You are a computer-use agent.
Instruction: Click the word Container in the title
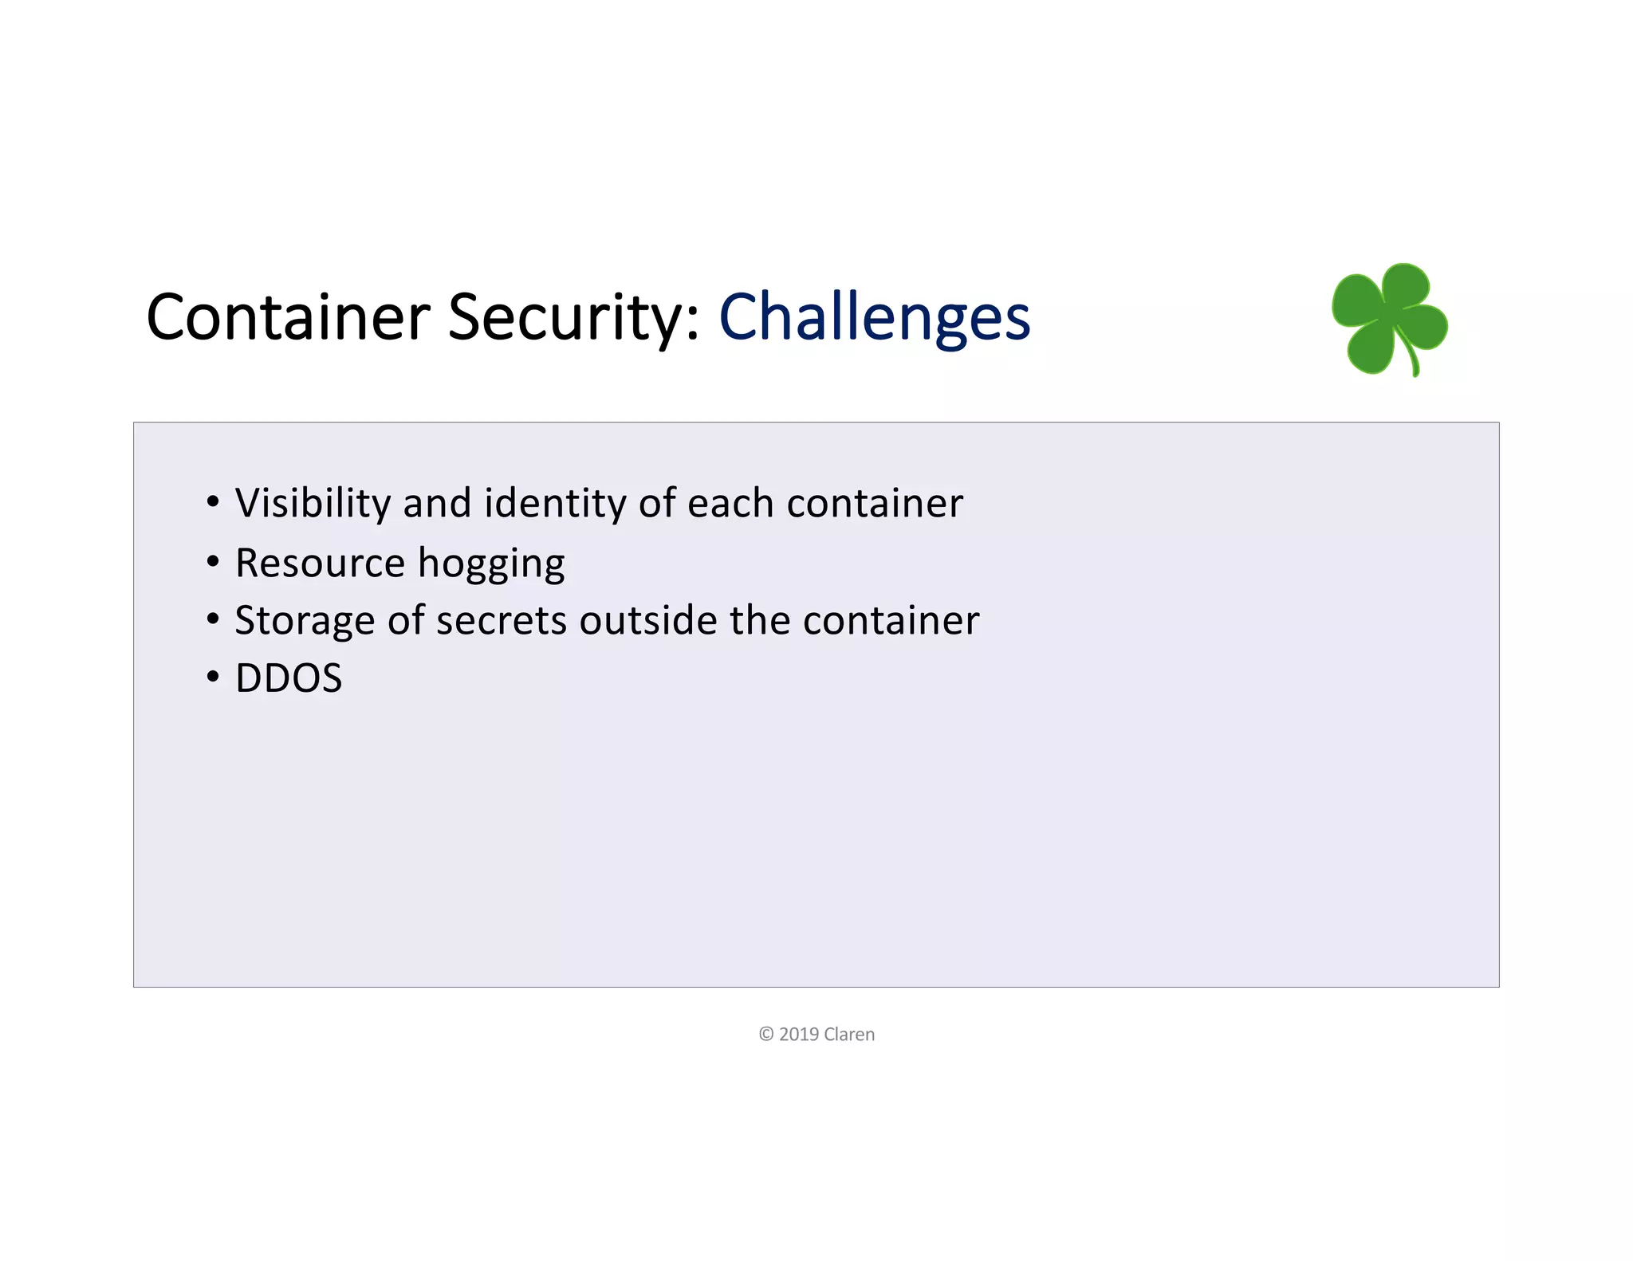coord(289,317)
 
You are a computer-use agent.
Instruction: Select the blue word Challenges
coord(874,317)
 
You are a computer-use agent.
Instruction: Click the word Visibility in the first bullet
coord(313,504)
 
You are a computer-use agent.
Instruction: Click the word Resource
coord(320,564)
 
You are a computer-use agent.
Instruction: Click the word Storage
coord(305,621)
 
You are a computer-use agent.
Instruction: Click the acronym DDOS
coord(289,679)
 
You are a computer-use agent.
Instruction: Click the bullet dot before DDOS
coord(212,678)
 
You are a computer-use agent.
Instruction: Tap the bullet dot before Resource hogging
coord(212,562)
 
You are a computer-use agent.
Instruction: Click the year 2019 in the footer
coord(799,1035)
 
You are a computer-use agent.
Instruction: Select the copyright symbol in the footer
coord(766,1035)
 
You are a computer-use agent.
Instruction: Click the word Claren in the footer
coord(849,1035)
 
